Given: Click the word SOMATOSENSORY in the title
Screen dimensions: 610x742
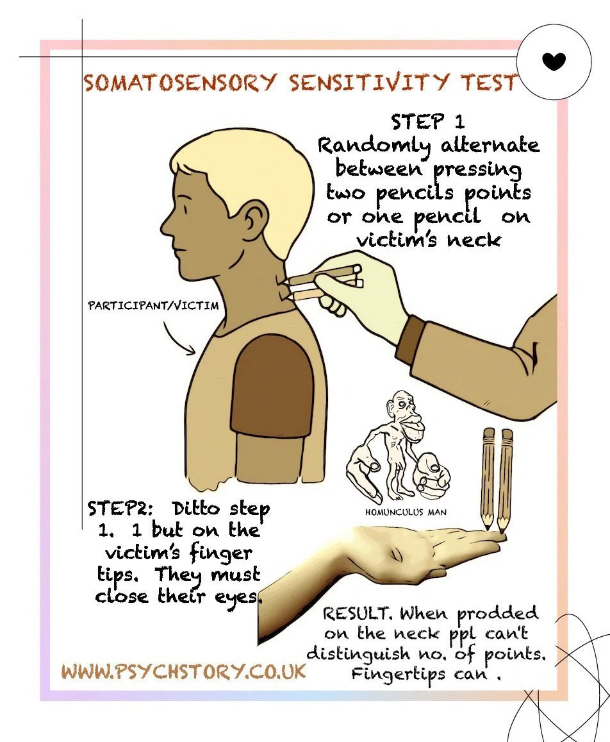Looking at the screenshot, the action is [x=179, y=83].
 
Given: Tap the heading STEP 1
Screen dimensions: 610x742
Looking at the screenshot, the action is [x=428, y=122].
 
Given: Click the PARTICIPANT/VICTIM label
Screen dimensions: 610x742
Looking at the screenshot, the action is [x=153, y=305].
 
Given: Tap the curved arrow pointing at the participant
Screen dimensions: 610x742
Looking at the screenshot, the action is [x=177, y=339].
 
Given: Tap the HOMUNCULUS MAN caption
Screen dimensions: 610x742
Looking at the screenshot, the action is [x=405, y=512].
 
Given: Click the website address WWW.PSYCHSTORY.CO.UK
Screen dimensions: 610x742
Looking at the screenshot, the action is [x=183, y=671].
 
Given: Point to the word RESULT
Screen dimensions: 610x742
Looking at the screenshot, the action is [x=356, y=614].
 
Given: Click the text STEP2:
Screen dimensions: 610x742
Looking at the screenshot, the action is [x=120, y=509].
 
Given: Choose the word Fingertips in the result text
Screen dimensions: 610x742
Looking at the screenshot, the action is [x=398, y=675].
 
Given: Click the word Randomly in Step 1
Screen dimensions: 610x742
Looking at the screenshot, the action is [x=374, y=146].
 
